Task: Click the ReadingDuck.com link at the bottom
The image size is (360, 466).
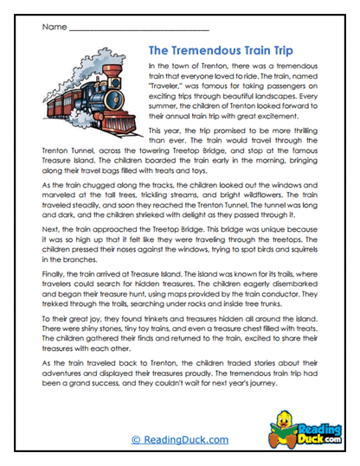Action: (x=179, y=440)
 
